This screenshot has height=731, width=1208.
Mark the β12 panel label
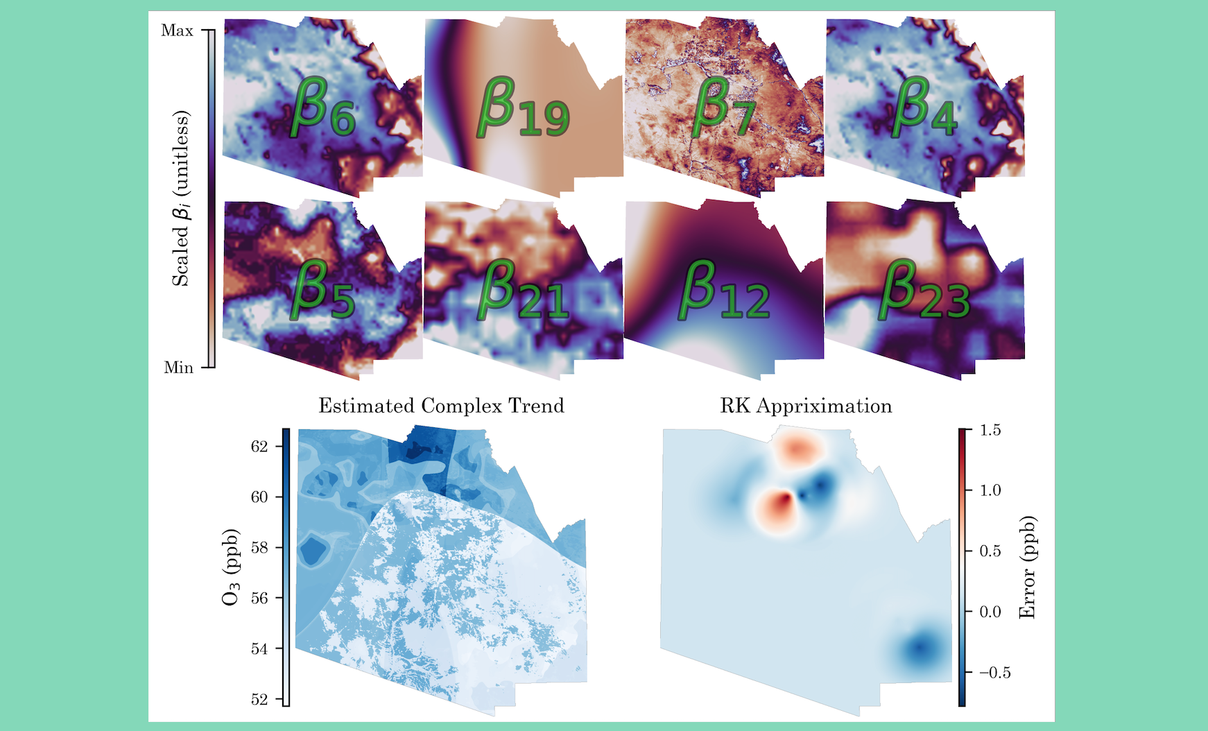click(724, 291)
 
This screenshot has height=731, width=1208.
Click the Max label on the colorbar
click(177, 31)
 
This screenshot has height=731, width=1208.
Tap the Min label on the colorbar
click(178, 368)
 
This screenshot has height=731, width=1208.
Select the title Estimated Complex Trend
click(441, 406)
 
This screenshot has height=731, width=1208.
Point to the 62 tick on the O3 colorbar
click(259, 446)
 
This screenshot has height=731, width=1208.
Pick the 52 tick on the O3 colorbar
click(259, 699)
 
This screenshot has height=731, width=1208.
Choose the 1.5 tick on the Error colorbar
click(991, 430)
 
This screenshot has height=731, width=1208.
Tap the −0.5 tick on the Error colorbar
click(995, 673)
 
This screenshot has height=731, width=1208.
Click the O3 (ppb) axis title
click(231, 567)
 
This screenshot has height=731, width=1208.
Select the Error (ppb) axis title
click(1027, 567)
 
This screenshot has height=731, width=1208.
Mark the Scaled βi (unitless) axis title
click(180, 198)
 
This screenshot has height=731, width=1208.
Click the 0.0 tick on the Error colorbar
click(991, 612)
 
